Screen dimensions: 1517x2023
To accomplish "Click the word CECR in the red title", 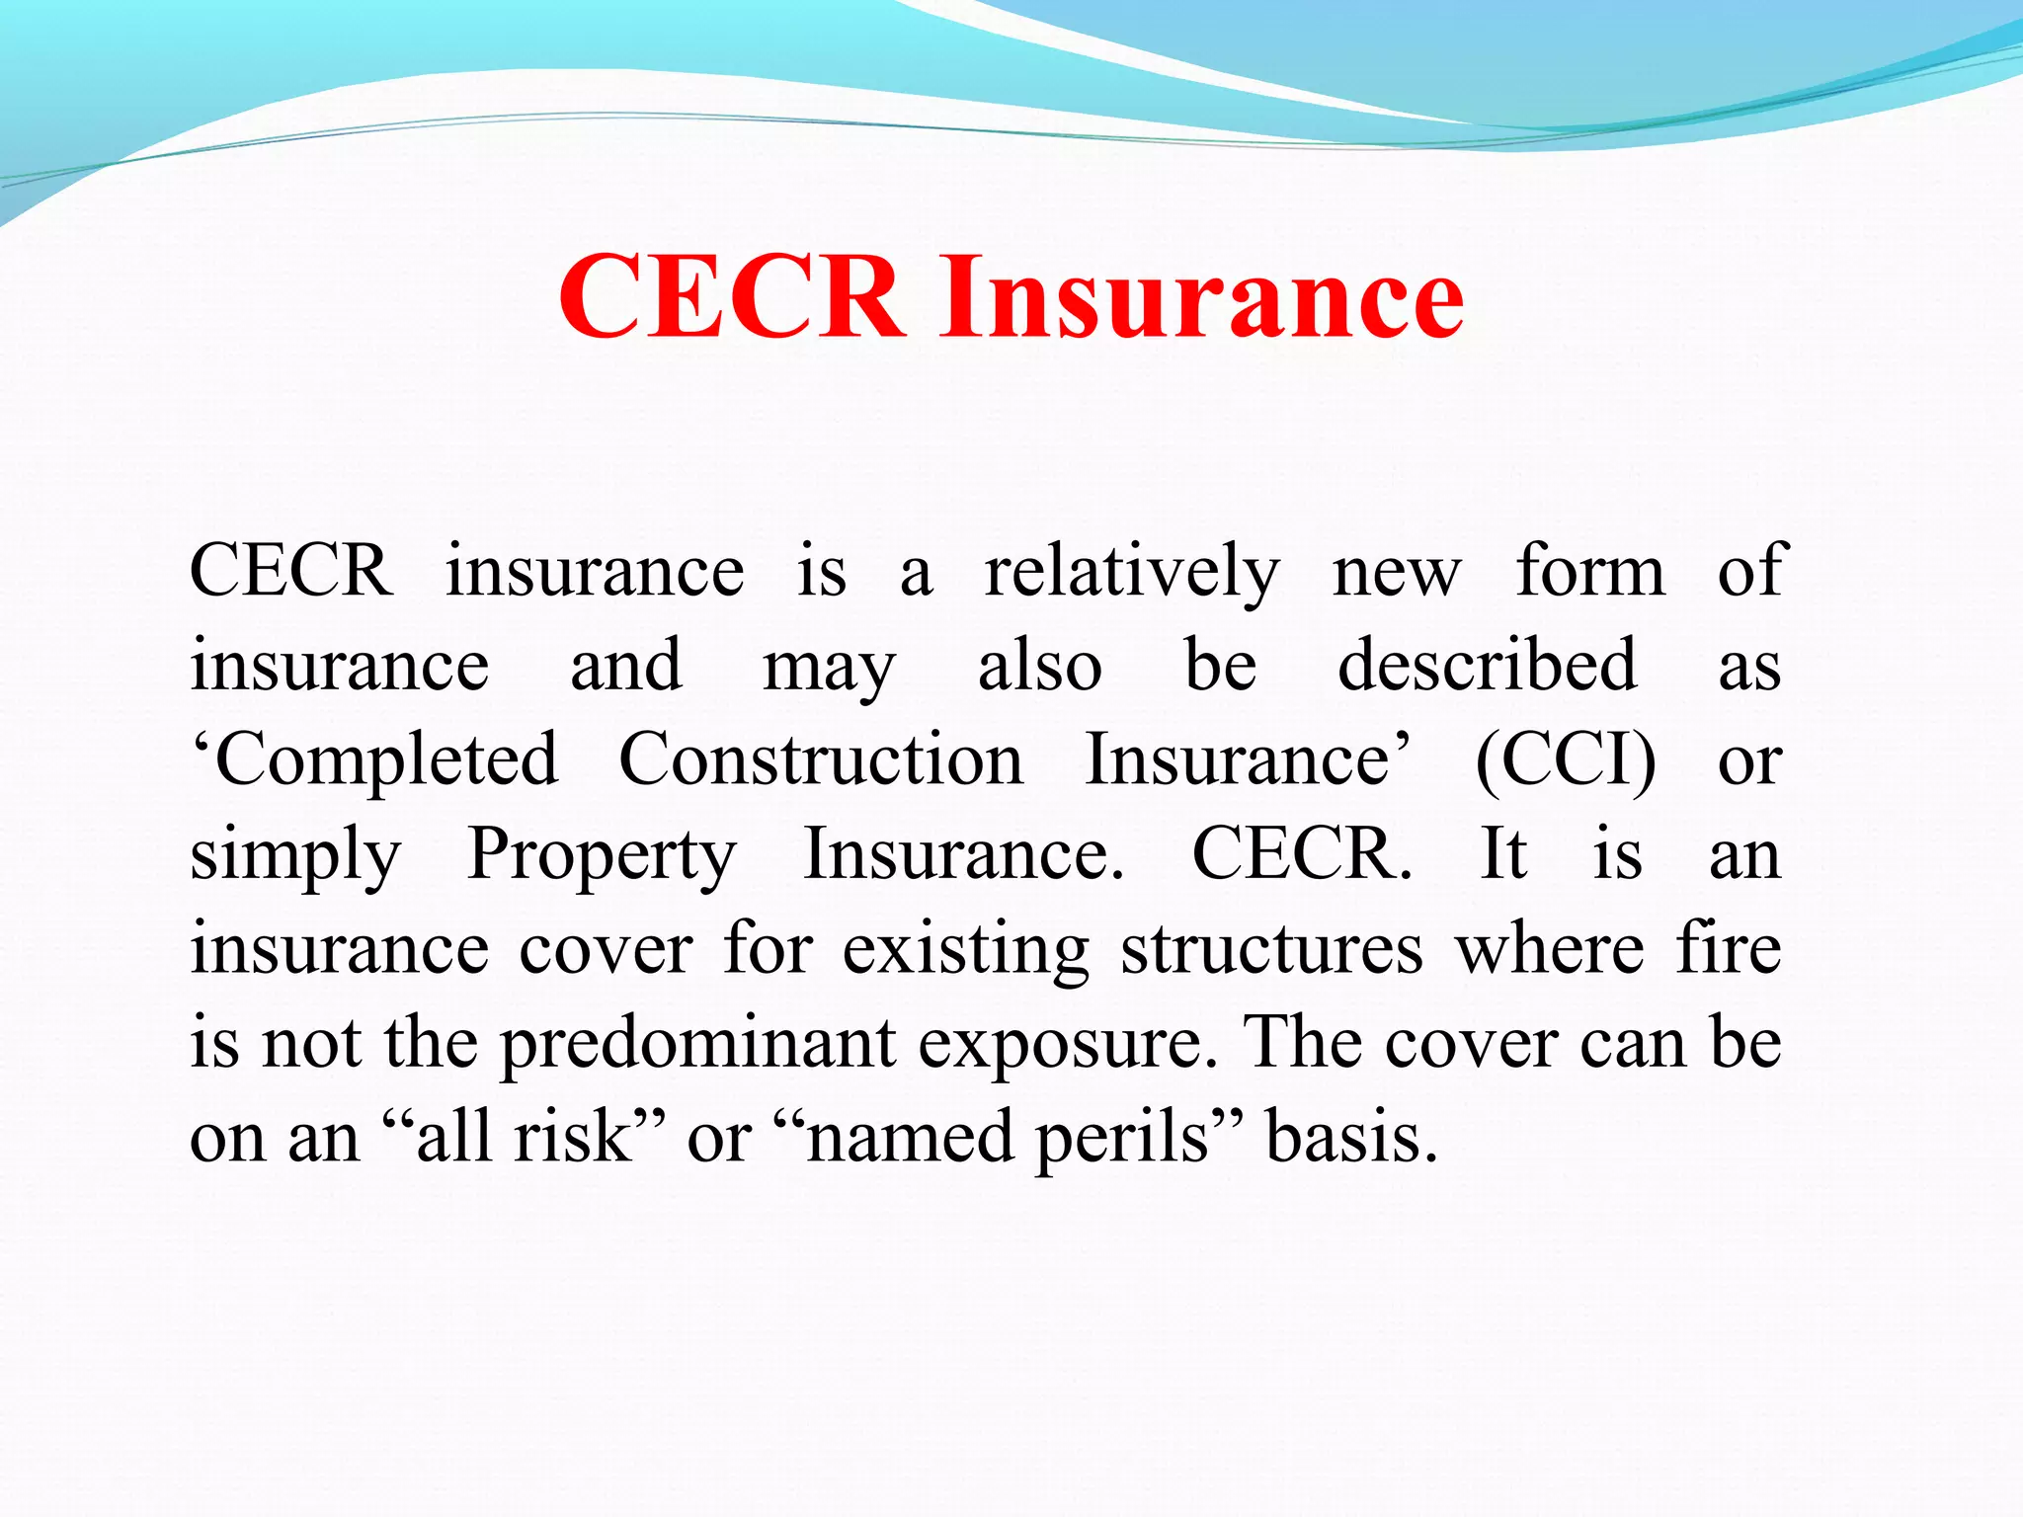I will pos(730,297).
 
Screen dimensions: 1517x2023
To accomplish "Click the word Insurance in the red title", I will pos(1200,297).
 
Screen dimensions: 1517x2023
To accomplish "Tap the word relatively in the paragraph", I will pos(1132,572).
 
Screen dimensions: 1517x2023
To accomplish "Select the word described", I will pos(1487,665).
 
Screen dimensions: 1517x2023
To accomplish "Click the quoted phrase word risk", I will pos(573,1137).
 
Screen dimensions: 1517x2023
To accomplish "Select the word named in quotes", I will pos(910,1137).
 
